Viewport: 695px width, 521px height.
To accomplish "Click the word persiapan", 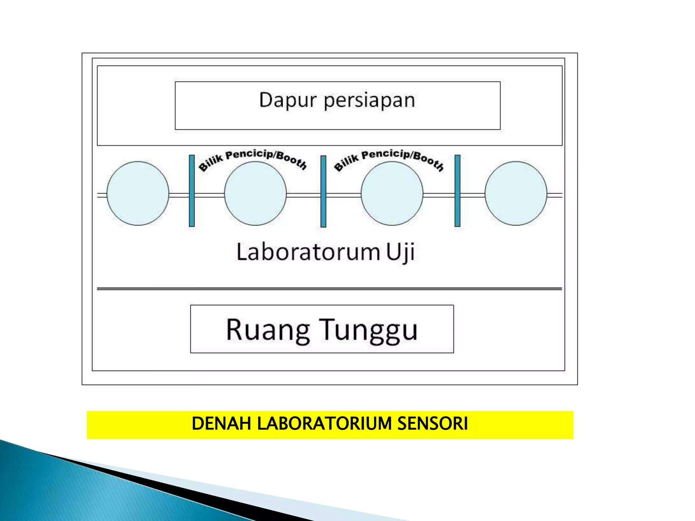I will pos(369,101).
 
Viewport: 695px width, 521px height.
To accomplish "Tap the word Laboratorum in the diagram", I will pos(308,252).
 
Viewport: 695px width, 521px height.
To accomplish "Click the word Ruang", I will pos(268,330).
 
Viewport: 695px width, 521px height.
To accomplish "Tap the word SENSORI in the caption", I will pos(432,424).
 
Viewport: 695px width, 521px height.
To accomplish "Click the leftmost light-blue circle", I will pos(138,193).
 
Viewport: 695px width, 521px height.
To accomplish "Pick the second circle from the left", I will pos(255,193).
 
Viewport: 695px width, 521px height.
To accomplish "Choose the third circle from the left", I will pos(392,193).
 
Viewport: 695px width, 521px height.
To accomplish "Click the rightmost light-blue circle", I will pos(516,193).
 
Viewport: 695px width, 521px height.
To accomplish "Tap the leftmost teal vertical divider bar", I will pos(192,191).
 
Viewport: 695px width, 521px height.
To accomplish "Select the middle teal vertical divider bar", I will pos(323,191).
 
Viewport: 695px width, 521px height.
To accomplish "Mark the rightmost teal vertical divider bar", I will pos(457,191).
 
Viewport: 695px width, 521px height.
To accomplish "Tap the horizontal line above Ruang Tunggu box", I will pos(329,289).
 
